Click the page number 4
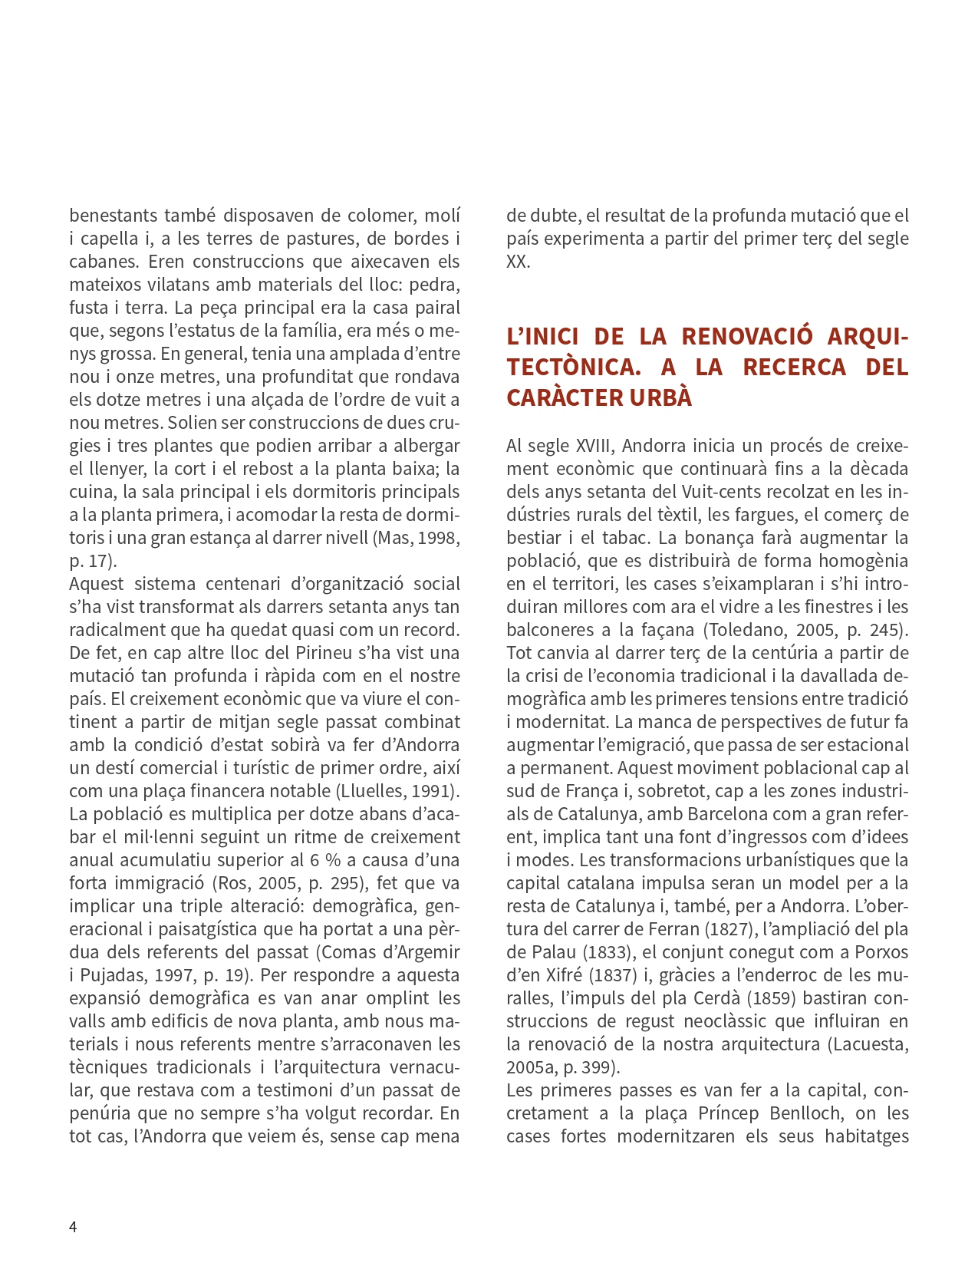(73, 1226)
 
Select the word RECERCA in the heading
(795, 367)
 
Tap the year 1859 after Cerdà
(770, 998)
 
